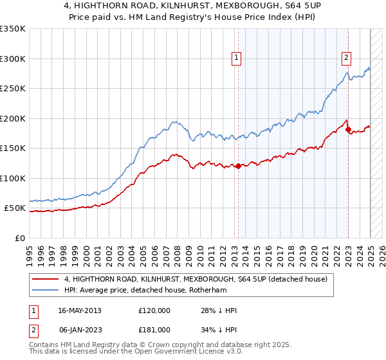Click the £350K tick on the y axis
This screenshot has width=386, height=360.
click(x=12, y=29)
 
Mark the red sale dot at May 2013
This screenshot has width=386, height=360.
click(x=238, y=166)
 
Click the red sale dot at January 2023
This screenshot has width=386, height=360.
click(x=348, y=130)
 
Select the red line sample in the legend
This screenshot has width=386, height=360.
click(x=46, y=279)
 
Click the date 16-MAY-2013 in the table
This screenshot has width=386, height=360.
click(x=80, y=310)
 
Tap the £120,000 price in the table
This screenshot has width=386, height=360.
click(x=154, y=310)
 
